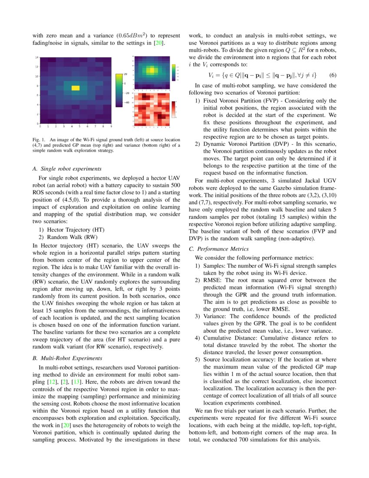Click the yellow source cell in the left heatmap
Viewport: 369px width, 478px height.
click(76, 88)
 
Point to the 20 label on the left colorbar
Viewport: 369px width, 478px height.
click(125, 73)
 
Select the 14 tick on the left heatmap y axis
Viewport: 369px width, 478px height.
click(37, 57)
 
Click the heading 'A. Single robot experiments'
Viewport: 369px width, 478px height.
click(67, 168)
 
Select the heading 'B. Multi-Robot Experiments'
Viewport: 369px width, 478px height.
click(67, 358)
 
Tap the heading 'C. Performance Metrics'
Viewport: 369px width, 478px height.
click(219, 249)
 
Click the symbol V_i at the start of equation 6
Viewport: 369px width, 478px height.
click(212, 75)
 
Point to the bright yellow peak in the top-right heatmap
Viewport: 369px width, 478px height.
click(151, 70)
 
